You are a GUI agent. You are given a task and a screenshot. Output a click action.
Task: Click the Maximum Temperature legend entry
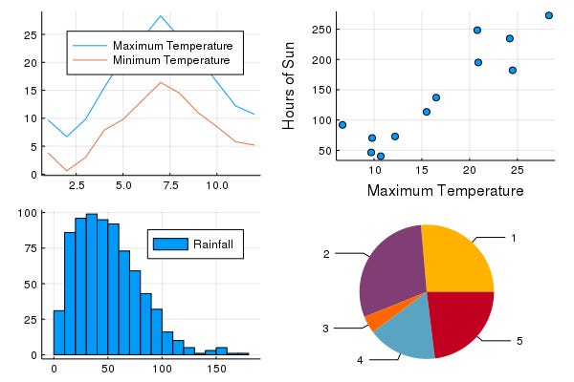172,46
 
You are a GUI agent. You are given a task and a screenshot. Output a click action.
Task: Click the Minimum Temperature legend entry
172,61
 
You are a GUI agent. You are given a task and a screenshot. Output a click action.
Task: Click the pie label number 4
360,360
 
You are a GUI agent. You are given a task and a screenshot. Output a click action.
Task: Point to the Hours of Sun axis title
288,88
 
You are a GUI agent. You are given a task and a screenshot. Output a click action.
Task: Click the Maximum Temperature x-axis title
445,191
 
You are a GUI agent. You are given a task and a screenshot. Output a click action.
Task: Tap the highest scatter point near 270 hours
548,15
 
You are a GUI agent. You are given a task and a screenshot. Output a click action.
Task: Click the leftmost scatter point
342,125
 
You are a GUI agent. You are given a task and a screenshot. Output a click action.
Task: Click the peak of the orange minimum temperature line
161,83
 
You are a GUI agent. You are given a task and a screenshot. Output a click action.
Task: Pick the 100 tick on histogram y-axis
32,213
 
